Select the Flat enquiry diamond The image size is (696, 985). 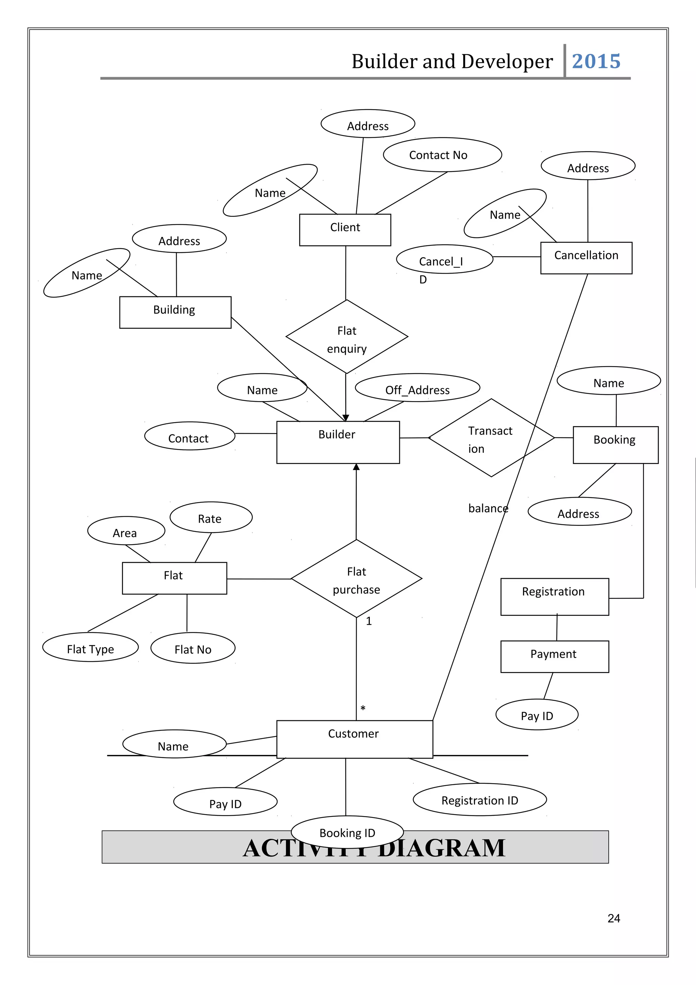pyautogui.click(x=347, y=337)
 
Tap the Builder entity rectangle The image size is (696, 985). pyautogui.click(x=338, y=442)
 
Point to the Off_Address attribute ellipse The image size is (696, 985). pyautogui.click(x=417, y=388)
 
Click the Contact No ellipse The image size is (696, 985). pyautogui.click(x=442, y=155)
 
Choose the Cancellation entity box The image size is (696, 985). pyautogui.click(x=586, y=258)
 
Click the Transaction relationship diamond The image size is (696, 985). pyautogui.click(x=491, y=437)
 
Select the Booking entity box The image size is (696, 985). pyautogui.click(x=615, y=445)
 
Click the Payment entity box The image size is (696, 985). pyautogui.click(x=555, y=656)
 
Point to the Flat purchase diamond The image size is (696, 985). pyautogui.click(x=356, y=578)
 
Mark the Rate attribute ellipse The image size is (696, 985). pyautogui.click(x=211, y=517)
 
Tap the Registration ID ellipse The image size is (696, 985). pyautogui.click(x=480, y=800)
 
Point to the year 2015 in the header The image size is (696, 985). pyautogui.click(x=596, y=61)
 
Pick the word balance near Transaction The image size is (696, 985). pyautogui.click(x=488, y=508)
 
